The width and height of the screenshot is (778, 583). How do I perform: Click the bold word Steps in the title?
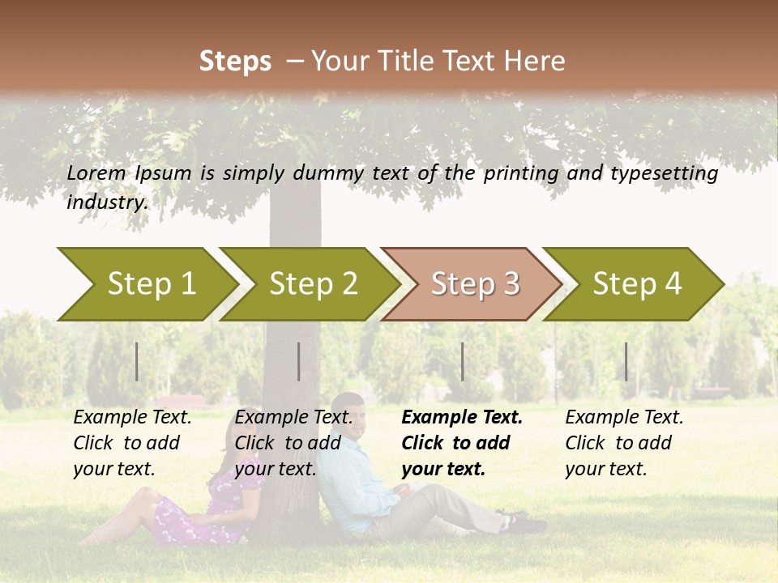click(235, 61)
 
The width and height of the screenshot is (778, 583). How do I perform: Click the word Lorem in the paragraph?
click(96, 173)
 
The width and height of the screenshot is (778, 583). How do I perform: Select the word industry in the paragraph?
click(106, 202)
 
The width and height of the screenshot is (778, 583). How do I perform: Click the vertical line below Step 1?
click(137, 361)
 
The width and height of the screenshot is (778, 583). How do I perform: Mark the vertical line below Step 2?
click(299, 361)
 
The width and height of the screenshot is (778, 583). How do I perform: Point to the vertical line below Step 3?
click(462, 361)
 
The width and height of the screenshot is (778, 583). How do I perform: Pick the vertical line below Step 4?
click(626, 361)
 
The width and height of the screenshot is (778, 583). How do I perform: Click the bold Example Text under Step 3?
click(462, 418)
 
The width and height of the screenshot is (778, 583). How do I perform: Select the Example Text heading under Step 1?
click(132, 418)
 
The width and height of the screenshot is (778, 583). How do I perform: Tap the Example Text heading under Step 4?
click(624, 418)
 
